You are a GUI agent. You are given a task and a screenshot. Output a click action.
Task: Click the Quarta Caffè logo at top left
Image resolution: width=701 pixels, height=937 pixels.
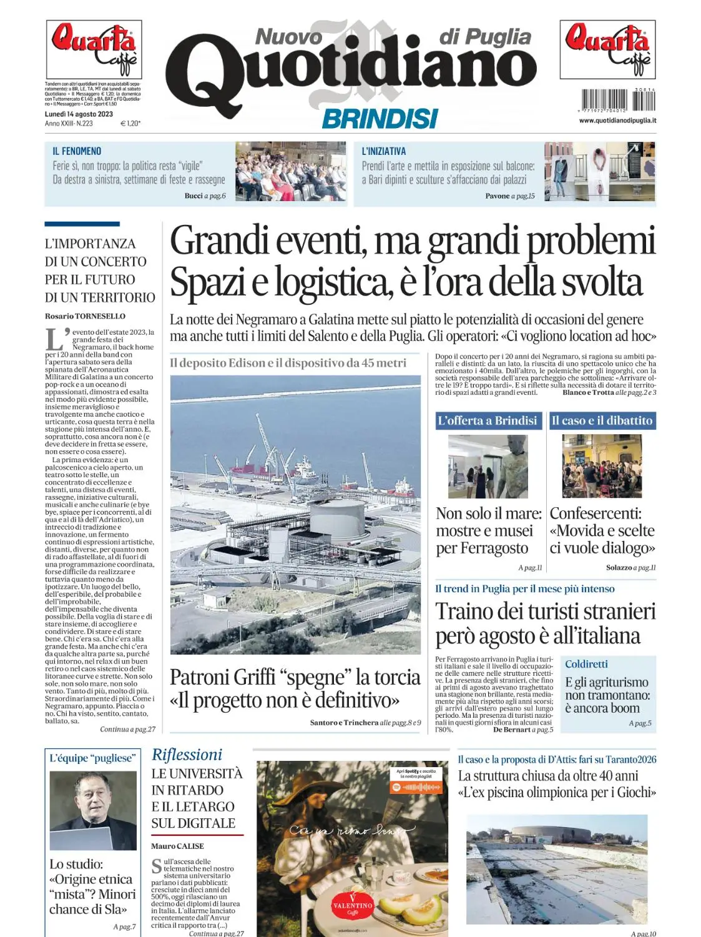click(94, 49)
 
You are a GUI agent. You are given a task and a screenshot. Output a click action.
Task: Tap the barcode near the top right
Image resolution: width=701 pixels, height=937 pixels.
click(617, 101)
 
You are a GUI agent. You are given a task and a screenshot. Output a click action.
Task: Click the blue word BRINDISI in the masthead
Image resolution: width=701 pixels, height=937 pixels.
click(380, 119)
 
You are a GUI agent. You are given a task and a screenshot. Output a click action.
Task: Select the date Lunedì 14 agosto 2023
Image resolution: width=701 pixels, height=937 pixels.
click(79, 114)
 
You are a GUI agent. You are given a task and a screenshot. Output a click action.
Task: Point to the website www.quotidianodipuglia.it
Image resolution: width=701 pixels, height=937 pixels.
click(617, 121)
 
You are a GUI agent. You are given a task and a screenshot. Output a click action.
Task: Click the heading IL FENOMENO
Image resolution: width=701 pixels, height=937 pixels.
click(77, 151)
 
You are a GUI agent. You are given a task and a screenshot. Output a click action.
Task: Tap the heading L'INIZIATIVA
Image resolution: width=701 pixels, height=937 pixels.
click(384, 151)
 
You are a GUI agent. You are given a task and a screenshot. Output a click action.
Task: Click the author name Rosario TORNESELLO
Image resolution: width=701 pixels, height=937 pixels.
click(85, 316)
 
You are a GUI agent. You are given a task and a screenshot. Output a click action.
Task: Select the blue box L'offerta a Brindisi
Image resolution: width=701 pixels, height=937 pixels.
click(488, 420)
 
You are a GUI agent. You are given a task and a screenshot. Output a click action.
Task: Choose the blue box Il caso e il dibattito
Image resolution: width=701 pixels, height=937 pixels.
click(602, 420)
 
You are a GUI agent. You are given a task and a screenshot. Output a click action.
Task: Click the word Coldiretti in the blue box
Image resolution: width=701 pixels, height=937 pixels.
click(586, 664)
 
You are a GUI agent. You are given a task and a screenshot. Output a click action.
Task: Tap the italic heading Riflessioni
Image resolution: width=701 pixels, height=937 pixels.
click(187, 755)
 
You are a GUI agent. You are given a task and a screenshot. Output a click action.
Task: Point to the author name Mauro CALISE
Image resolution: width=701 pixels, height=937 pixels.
click(177, 846)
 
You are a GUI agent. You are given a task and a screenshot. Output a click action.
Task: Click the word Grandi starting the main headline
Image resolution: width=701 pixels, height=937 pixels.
click(220, 241)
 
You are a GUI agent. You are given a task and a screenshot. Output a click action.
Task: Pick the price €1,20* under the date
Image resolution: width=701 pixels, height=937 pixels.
click(130, 124)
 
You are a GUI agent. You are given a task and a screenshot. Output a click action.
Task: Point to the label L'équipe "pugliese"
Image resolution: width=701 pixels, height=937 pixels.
click(92, 758)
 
